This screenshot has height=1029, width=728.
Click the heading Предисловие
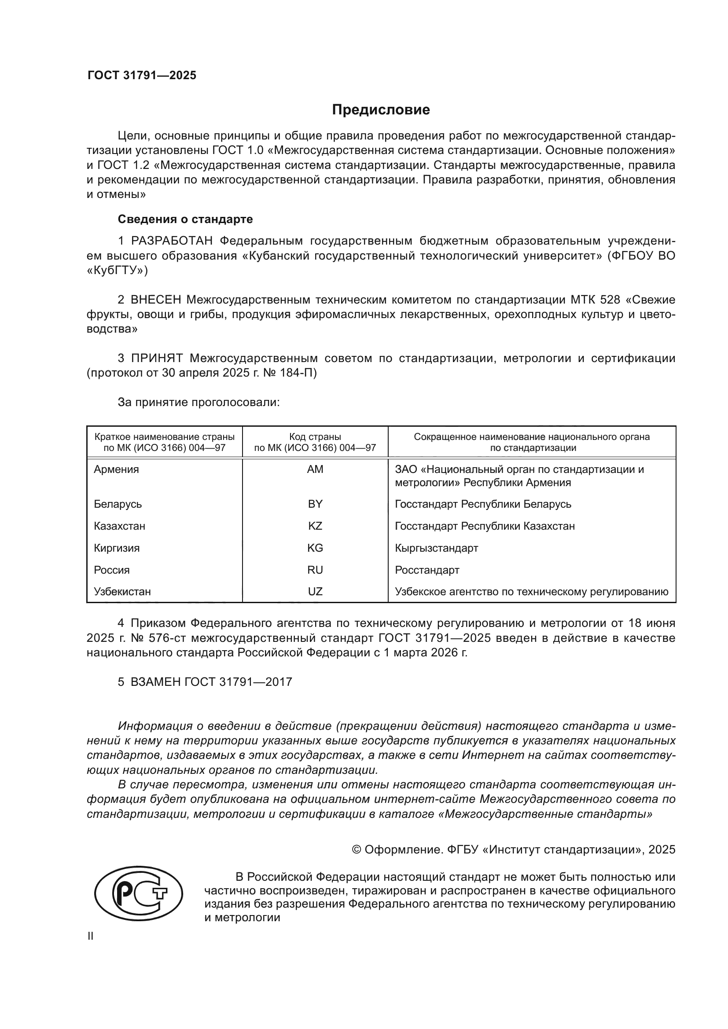(381, 110)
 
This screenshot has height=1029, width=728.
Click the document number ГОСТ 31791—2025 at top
(142, 75)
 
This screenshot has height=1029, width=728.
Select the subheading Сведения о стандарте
(185, 219)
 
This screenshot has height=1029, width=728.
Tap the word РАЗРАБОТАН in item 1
(172, 241)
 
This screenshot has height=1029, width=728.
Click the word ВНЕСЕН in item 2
(156, 300)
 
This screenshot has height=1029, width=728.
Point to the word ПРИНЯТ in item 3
(157, 358)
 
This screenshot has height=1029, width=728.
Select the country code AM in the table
(315, 469)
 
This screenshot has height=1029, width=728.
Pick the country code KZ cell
(315, 526)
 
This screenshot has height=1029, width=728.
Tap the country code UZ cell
(315, 592)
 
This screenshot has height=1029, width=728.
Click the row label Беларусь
(118, 504)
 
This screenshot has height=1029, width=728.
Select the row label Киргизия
(117, 548)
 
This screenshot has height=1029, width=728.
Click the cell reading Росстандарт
(427, 570)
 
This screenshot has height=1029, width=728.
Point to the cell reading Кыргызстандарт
(436, 548)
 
